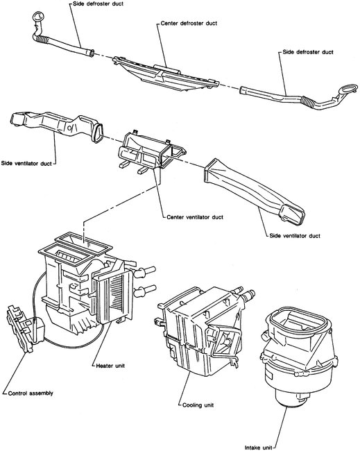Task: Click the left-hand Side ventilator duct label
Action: tap(28, 164)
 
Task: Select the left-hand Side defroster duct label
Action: tap(98, 3)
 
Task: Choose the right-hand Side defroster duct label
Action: tap(308, 51)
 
